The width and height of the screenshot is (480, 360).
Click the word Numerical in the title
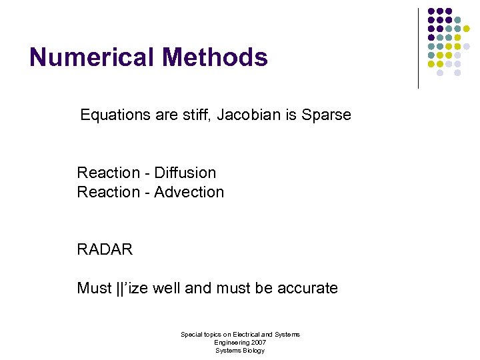tap(89, 57)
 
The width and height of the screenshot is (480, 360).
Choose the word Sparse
tap(326, 115)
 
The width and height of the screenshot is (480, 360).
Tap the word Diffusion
tap(185, 173)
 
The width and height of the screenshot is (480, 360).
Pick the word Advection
tap(189, 192)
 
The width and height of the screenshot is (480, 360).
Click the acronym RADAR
tap(105, 250)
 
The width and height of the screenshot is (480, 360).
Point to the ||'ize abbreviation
tap(131, 288)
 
